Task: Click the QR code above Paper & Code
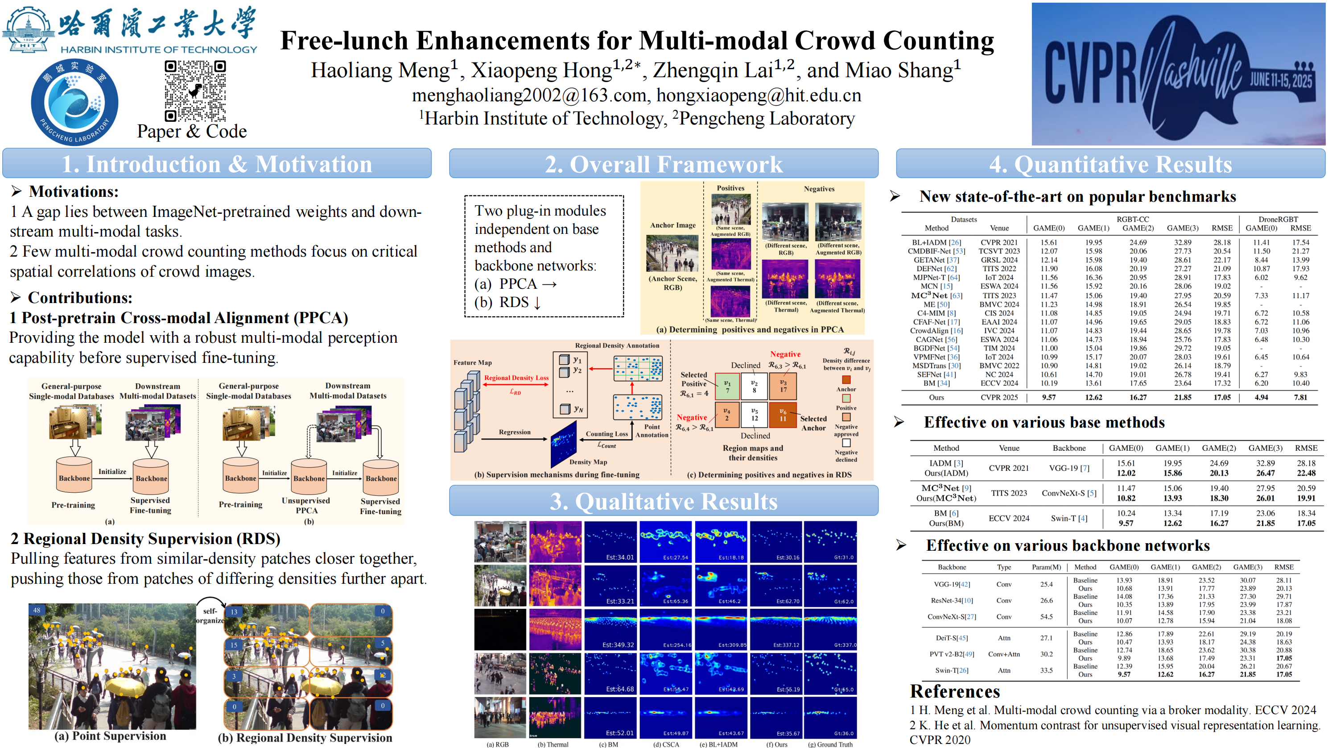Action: coord(195,91)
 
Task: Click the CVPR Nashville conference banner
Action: coord(1179,73)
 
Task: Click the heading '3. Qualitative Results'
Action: coord(664,501)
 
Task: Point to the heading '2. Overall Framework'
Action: coord(664,165)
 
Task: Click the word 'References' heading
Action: coord(954,691)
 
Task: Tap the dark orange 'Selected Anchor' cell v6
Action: coord(783,415)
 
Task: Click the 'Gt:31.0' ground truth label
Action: coord(843,557)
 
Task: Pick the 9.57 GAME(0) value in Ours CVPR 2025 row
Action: coord(1048,397)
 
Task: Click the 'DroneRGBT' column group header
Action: coord(1278,219)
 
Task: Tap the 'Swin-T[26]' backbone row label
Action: coord(952,670)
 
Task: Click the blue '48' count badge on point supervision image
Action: coord(37,610)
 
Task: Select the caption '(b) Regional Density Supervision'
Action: coord(305,738)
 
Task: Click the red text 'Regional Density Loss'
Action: coord(516,378)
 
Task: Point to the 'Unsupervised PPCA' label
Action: coord(306,506)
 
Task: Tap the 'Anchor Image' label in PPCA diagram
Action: coord(673,225)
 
